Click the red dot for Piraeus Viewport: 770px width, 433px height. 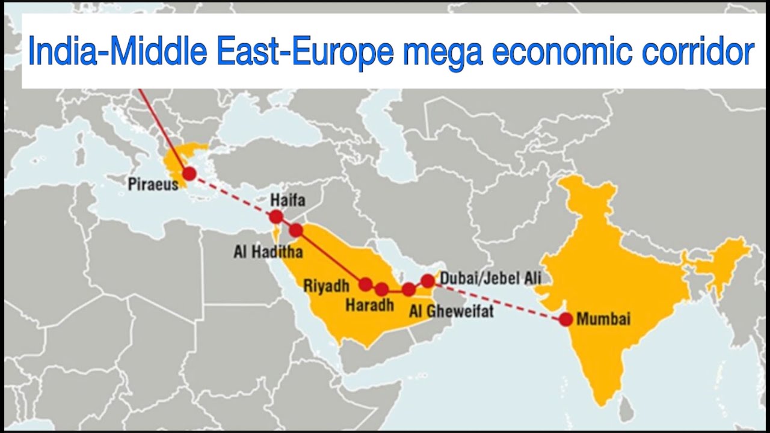pyautogui.click(x=189, y=174)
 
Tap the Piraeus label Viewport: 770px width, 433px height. pyautogui.click(x=153, y=185)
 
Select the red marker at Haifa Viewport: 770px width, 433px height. pyautogui.click(x=276, y=216)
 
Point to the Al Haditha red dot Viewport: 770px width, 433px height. pyautogui.click(x=295, y=230)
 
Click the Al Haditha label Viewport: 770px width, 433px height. pyautogui.click(x=268, y=251)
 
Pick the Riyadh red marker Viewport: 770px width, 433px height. pyautogui.click(x=365, y=284)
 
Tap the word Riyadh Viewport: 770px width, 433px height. pyautogui.click(x=327, y=286)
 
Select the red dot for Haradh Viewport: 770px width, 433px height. pyautogui.click(x=381, y=289)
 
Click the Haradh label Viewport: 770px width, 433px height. pyautogui.click(x=369, y=306)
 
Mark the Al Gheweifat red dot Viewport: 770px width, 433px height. pyautogui.click(x=409, y=289)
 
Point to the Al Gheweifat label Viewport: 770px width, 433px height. pyautogui.click(x=451, y=311)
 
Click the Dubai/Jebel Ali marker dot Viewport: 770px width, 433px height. pyautogui.click(x=428, y=280)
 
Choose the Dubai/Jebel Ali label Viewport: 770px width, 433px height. pyautogui.click(x=490, y=278)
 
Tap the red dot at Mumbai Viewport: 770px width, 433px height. pyautogui.click(x=565, y=319)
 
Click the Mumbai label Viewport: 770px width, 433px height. pyautogui.click(x=603, y=319)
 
